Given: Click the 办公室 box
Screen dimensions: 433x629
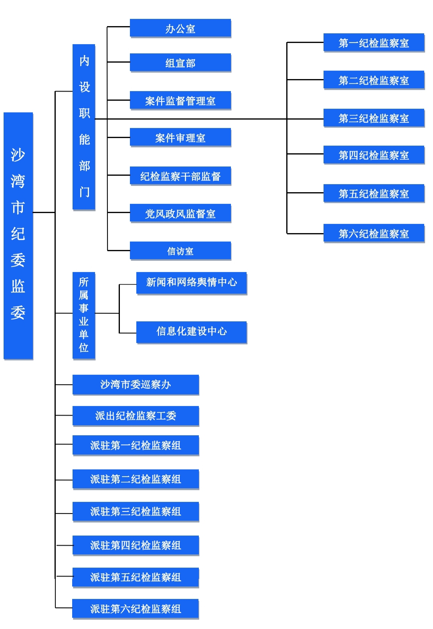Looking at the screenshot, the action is pyautogui.click(x=180, y=28).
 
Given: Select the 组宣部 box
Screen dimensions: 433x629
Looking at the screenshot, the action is pyautogui.click(x=180, y=63).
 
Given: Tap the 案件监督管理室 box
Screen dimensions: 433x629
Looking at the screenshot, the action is pyautogui.click(x=180, y=100).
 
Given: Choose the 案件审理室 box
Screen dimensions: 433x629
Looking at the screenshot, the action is pyautogui.click(x=180, y=137).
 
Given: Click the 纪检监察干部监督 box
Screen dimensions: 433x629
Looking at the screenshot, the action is pyautogui.click(x=180, y=176).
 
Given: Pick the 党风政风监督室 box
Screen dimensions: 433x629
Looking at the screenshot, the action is pyautogui.click(x=180, y=213).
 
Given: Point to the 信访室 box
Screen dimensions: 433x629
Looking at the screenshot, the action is pyautogui.click(x=180, y=251).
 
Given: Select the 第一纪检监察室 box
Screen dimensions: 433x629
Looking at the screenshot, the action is pyautogui.click(x=374, y=43).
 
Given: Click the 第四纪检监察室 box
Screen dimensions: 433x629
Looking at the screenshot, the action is pyautogui.click(x=374, y=155).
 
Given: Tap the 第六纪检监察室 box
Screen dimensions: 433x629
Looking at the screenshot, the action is pyautogui.click(x=374, y=233).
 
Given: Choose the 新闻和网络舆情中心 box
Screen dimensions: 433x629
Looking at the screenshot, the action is pyautogui.click(x=191, y=283).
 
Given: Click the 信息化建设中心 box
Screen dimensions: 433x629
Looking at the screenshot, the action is pyautogui.click(x=191, y=332).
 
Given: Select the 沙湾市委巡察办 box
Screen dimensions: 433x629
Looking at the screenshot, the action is pyautogui.click(x=136, y=384).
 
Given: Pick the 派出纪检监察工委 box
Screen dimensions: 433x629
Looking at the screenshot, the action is pyautogui.click(x=136, y=416).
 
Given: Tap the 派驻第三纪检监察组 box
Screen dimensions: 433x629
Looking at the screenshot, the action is pyautogui.click(x=136, y=511).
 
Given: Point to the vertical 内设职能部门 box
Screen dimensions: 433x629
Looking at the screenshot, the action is pyautogui.click(x=84, y=127).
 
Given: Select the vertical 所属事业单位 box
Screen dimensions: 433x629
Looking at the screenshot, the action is pyautogui.click(x=84, y=315).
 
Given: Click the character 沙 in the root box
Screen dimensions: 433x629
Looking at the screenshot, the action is pyautogui.click(x=18, y=155).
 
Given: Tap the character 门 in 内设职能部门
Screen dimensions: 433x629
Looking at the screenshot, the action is pyautogui.click(x=85, y=192).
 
